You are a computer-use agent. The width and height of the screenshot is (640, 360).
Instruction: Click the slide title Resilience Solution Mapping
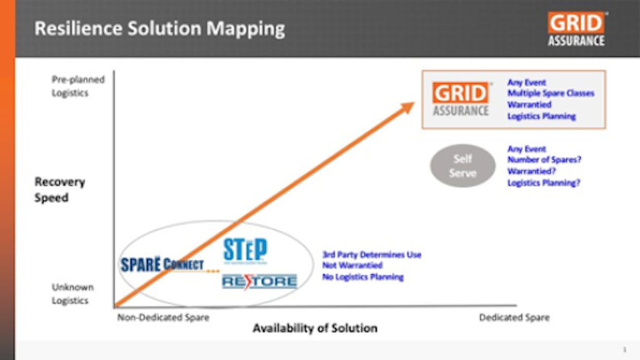pos(159,29)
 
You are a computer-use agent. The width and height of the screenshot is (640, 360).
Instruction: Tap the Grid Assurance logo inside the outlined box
pos(461,99)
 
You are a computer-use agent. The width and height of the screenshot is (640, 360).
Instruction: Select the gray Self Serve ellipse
pos(462,166)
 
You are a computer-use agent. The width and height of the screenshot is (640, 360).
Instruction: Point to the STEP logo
pos(245,251)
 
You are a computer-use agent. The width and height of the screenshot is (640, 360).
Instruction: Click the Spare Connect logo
pos(162,264)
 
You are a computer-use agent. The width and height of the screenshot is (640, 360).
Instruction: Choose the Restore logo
pos(259,281)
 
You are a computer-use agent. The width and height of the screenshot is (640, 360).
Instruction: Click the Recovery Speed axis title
pos(60,190)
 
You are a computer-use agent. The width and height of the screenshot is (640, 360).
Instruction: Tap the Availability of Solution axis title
pos(315,328)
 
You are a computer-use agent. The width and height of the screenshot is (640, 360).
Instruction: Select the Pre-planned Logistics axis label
pos(78,86)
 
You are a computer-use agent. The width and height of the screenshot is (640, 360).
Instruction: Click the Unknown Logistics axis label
pos(73,294)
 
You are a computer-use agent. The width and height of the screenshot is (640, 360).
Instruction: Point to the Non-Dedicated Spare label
pos(163,318)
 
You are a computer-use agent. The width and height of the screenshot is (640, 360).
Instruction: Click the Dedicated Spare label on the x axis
pos(514,318)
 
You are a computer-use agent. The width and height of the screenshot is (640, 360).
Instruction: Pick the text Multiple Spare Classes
pos(551,93)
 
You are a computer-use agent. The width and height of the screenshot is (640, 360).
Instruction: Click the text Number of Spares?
pos(543,160)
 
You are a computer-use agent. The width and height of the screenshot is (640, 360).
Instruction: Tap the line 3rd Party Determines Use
pos(371,255)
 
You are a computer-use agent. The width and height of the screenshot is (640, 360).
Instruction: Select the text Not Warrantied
pos(352,266)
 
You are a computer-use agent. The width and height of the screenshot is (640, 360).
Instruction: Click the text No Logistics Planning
pos(363,277)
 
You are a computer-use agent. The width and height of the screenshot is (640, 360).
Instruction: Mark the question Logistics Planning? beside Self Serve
pos(544,183)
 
